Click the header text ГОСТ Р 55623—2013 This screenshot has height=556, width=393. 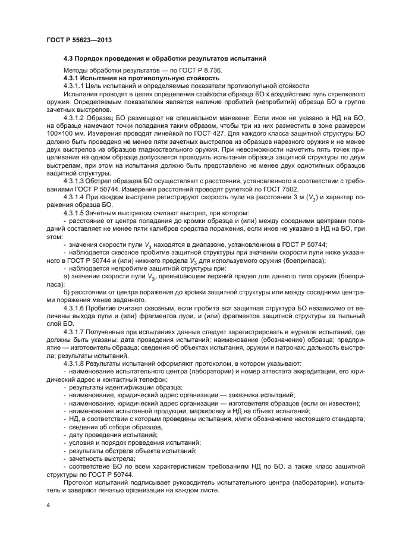(x=79, y=40)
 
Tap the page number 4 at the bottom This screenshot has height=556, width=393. (x=48, y=504)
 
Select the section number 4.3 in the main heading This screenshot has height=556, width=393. (x=69, y=58)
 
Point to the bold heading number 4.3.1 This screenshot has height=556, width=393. (x=73, y=78)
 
